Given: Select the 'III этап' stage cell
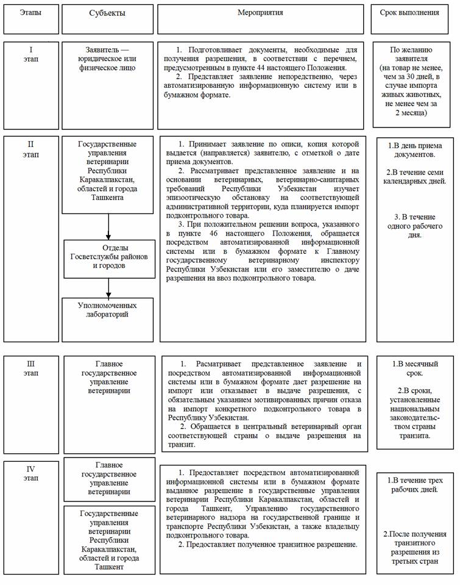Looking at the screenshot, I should pos(31,369).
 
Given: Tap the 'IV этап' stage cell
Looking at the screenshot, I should pos(31,473).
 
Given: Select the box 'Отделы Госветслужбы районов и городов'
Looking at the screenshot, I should pos(108,257).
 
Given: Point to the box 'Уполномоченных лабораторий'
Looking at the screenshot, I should pos(107,309).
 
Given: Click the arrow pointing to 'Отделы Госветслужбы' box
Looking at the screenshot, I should pos(108,227).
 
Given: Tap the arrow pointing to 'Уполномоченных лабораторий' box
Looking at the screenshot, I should pos(108,286).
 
